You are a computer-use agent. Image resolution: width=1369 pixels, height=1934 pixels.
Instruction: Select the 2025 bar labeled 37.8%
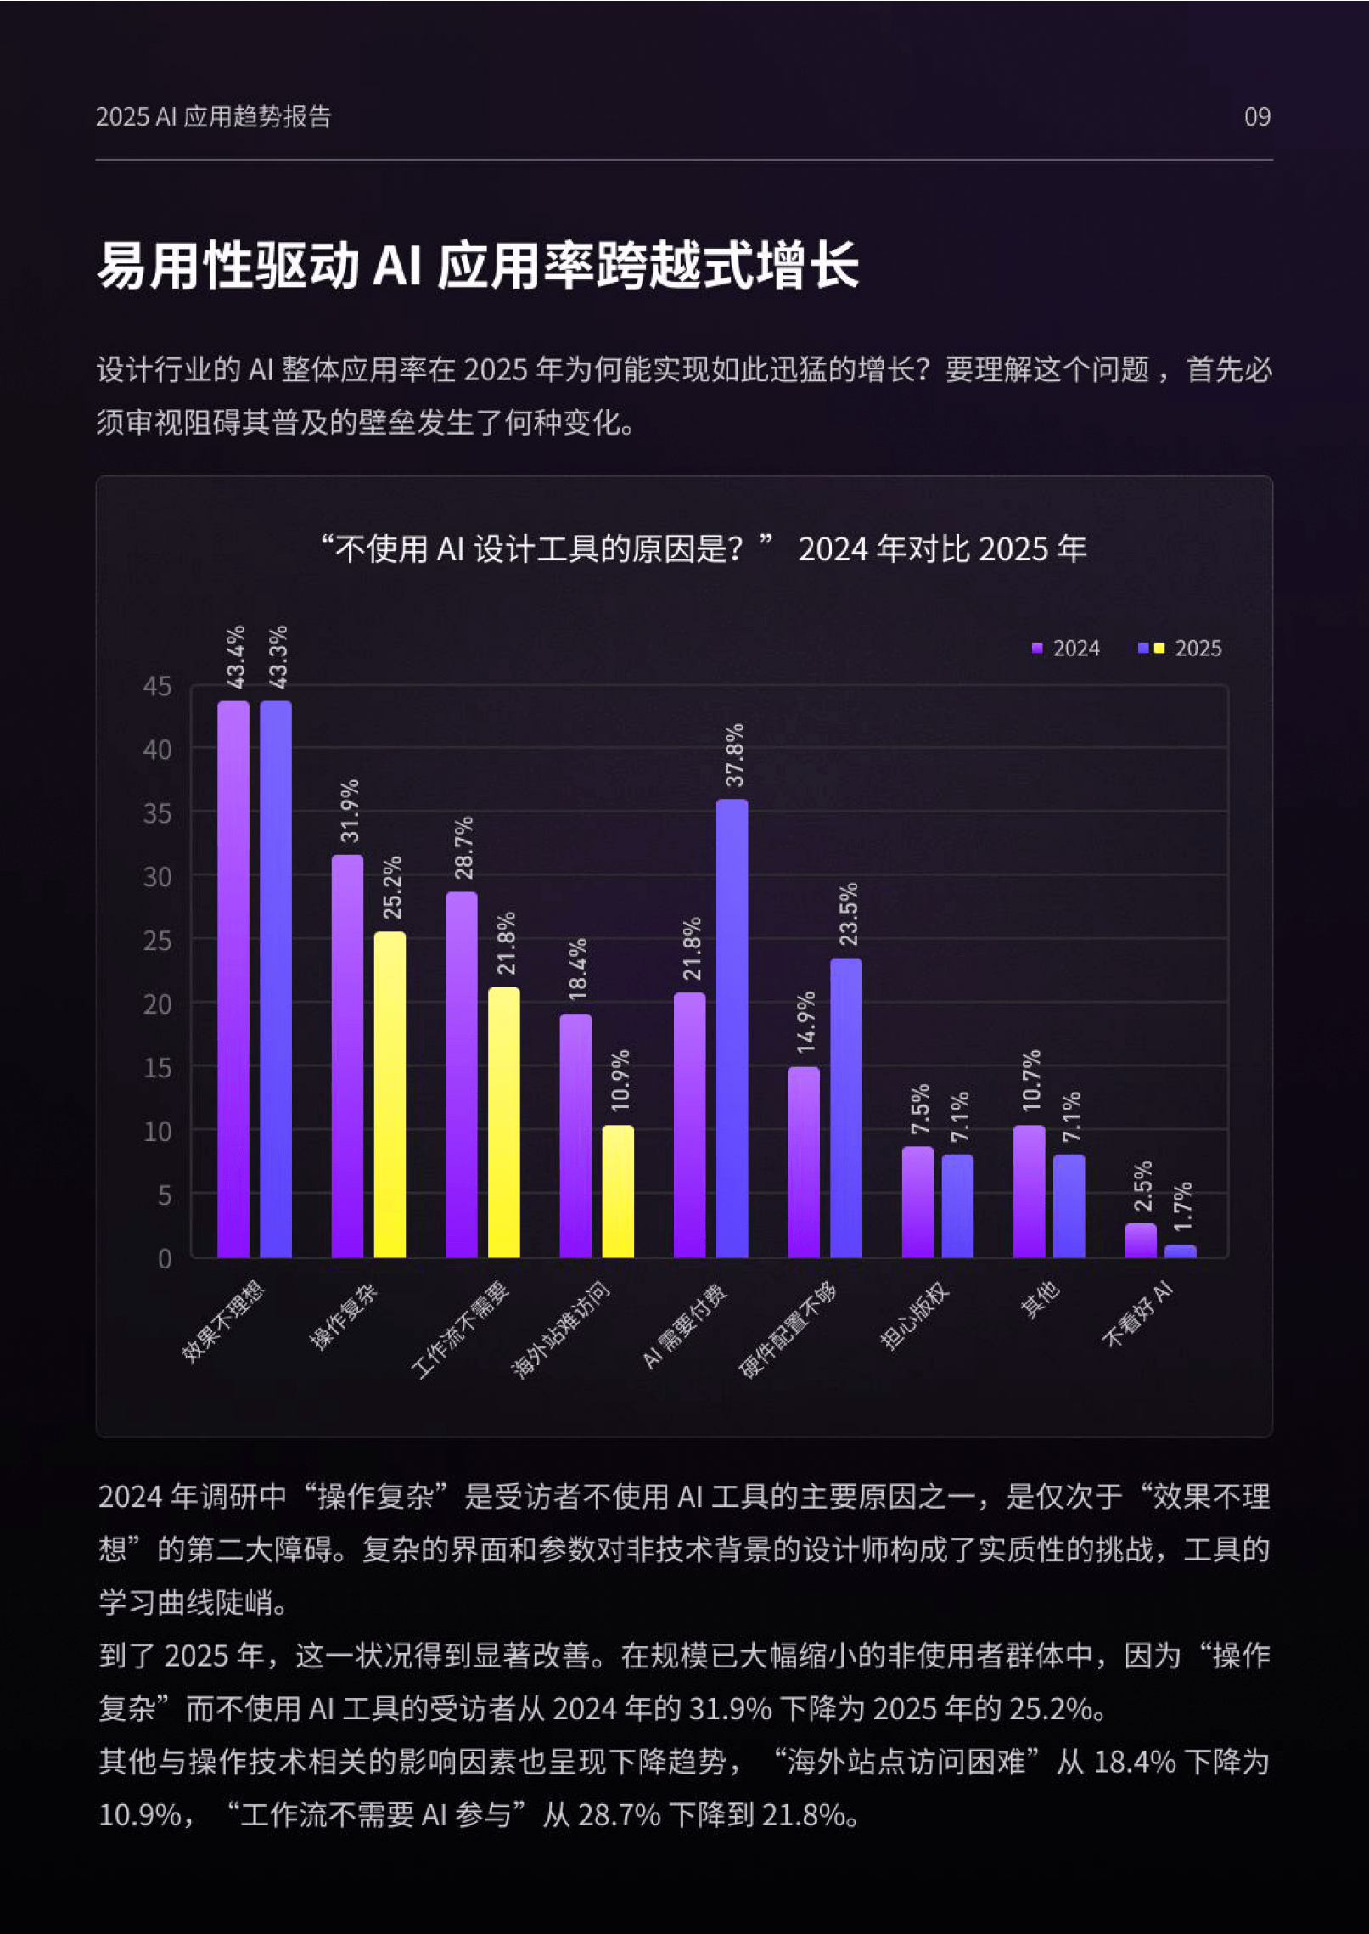pyautogui.click(x=732, y=1027)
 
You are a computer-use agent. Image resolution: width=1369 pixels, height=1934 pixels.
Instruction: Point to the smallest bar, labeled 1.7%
pyautogui.click(x=1181, y=1251)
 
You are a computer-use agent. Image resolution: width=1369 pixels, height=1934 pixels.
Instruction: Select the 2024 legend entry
pyautogui.click(x=1066, y=649)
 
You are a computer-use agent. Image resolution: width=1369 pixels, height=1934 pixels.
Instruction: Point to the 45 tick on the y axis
pyautogui.click(x=157, y=686)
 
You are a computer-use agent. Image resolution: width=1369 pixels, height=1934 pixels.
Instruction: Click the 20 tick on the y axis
pyautogui.click(x=157, y=1004)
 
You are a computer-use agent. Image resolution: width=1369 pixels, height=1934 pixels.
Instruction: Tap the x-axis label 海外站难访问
pyautogui.click(x=560, y=1330)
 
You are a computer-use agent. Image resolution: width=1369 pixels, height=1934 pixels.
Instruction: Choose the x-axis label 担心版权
pyautogui.click(x=913, y=1316)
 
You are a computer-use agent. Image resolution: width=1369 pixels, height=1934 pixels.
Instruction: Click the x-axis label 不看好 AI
pyautogui.click(x=1137, y=1314)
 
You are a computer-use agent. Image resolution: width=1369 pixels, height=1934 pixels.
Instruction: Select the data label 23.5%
pyautogui.click(x=848, y=914)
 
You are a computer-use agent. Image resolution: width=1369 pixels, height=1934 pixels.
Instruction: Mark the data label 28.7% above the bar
pyautogui.click(x=463, y=847)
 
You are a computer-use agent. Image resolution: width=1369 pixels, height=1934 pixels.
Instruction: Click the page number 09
pyautogui.click(x=1257, y=117)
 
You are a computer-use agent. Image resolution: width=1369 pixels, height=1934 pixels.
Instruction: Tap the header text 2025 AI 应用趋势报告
pyautogui.click(x=213, y=117)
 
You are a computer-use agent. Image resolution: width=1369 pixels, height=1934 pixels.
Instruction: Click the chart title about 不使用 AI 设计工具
pyautogui.click(x=703, y=549)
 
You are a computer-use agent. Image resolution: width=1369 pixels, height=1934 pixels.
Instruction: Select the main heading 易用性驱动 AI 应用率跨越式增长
pyautogui.click(x=478, y=266)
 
